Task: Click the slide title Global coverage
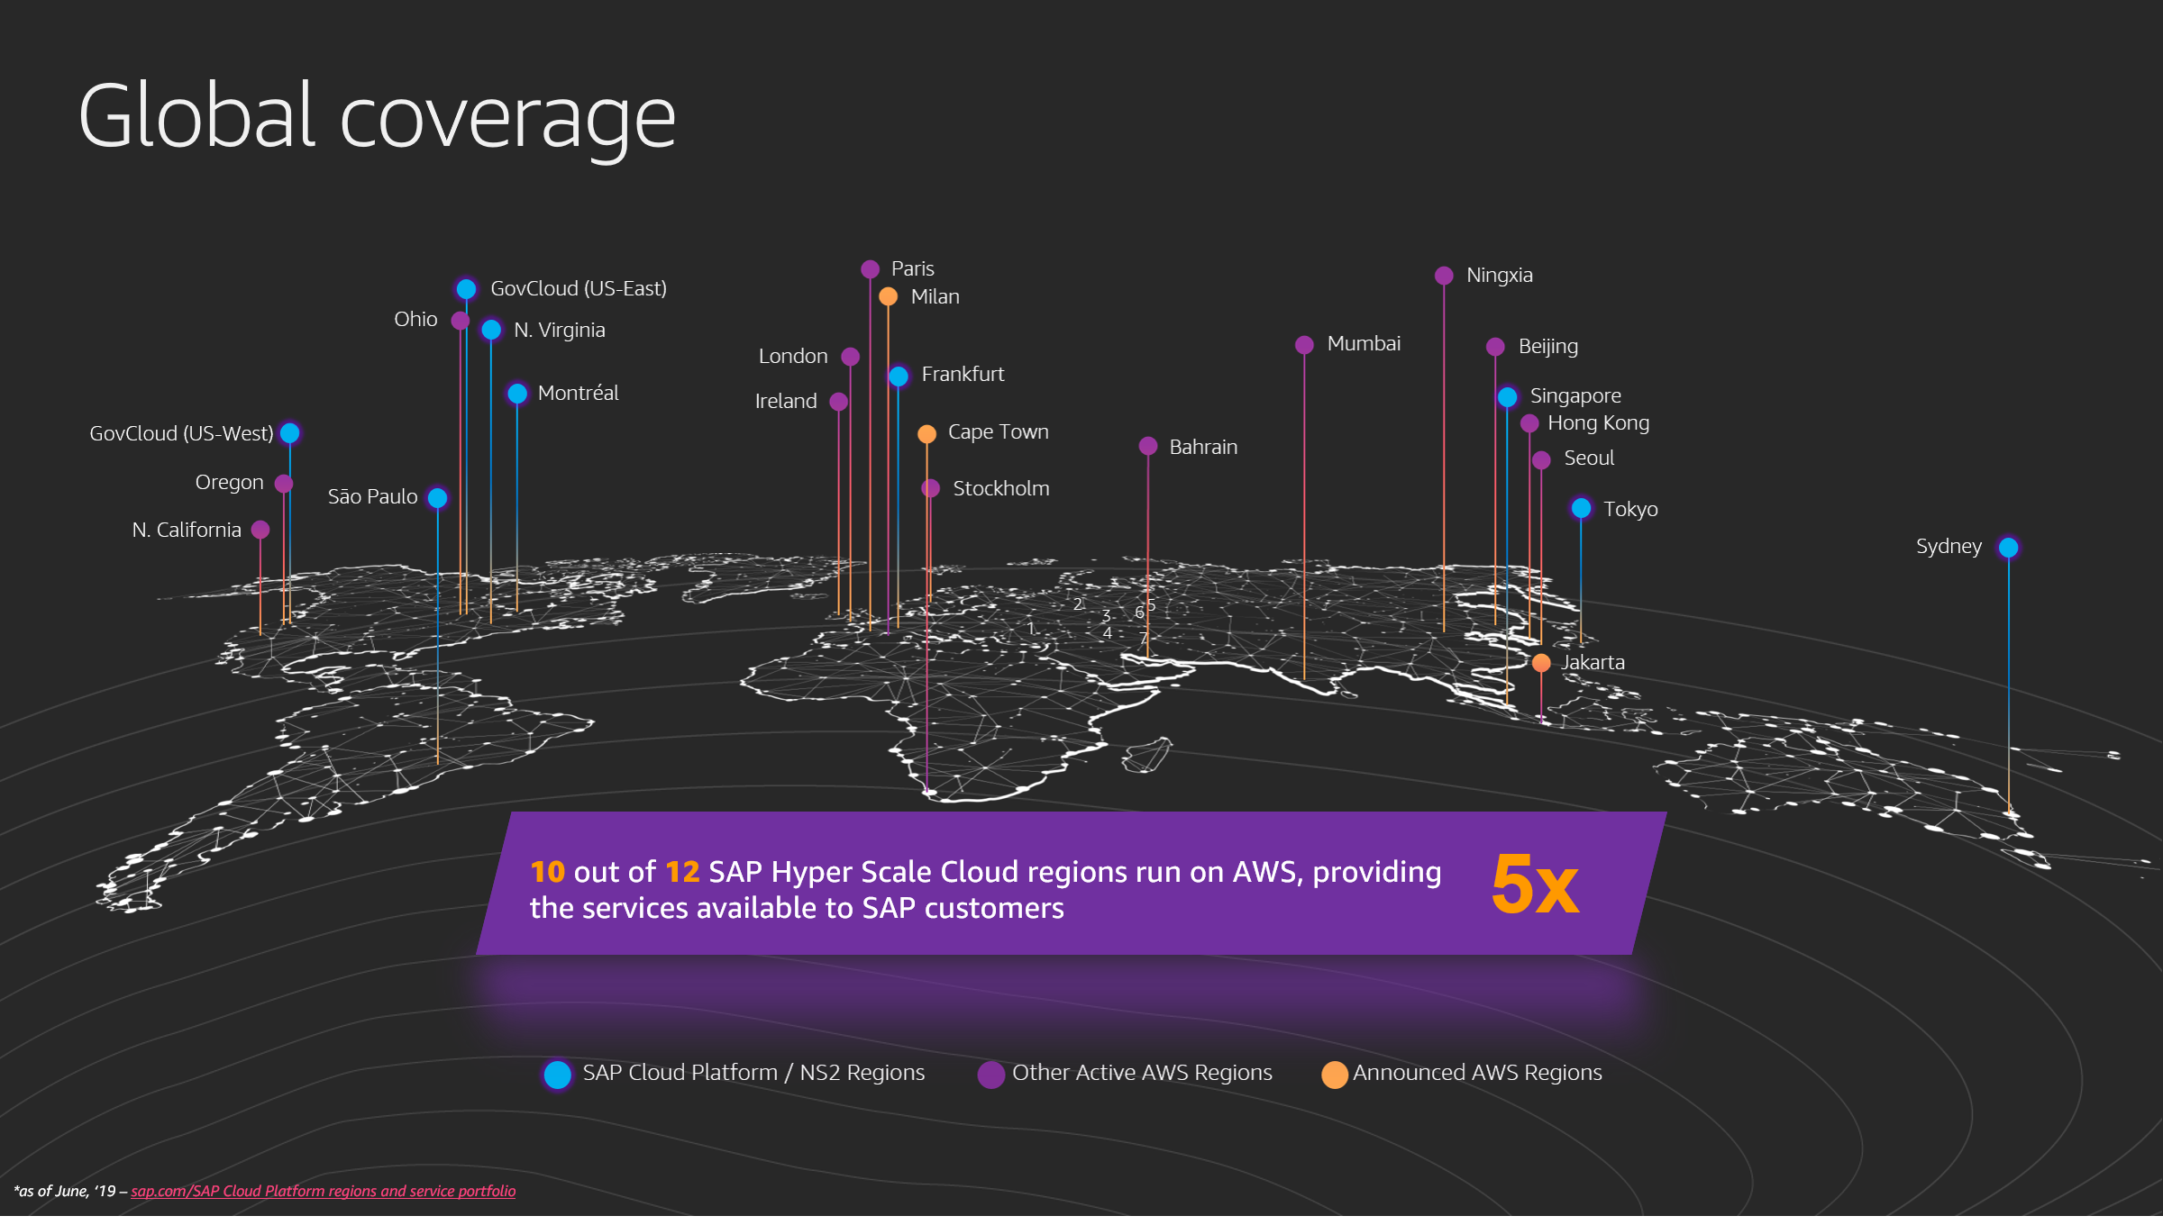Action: point(377,117)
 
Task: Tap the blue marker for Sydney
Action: point(2008,548)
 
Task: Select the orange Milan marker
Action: point(888,296)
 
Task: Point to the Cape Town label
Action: point(998,432)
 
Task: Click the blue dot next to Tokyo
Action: point(1581,509)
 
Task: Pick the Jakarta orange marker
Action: point(1541,663)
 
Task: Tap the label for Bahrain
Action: point(1202,448)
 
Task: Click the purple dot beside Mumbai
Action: point(1304,345)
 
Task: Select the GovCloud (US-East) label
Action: point(578,289)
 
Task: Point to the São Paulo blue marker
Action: point(437,498)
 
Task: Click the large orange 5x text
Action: point(1534,885)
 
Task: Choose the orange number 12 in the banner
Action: point(682,872)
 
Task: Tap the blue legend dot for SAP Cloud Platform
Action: point(558,1074)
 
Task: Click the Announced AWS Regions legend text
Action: point(1477,1073)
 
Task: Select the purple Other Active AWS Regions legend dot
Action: point(991,1074)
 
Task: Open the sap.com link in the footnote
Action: point(323,1192)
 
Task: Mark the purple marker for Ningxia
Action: point(1444,276)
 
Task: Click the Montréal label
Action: point(578,394)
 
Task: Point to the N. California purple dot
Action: point(260,530)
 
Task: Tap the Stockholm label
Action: point(1000,489)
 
